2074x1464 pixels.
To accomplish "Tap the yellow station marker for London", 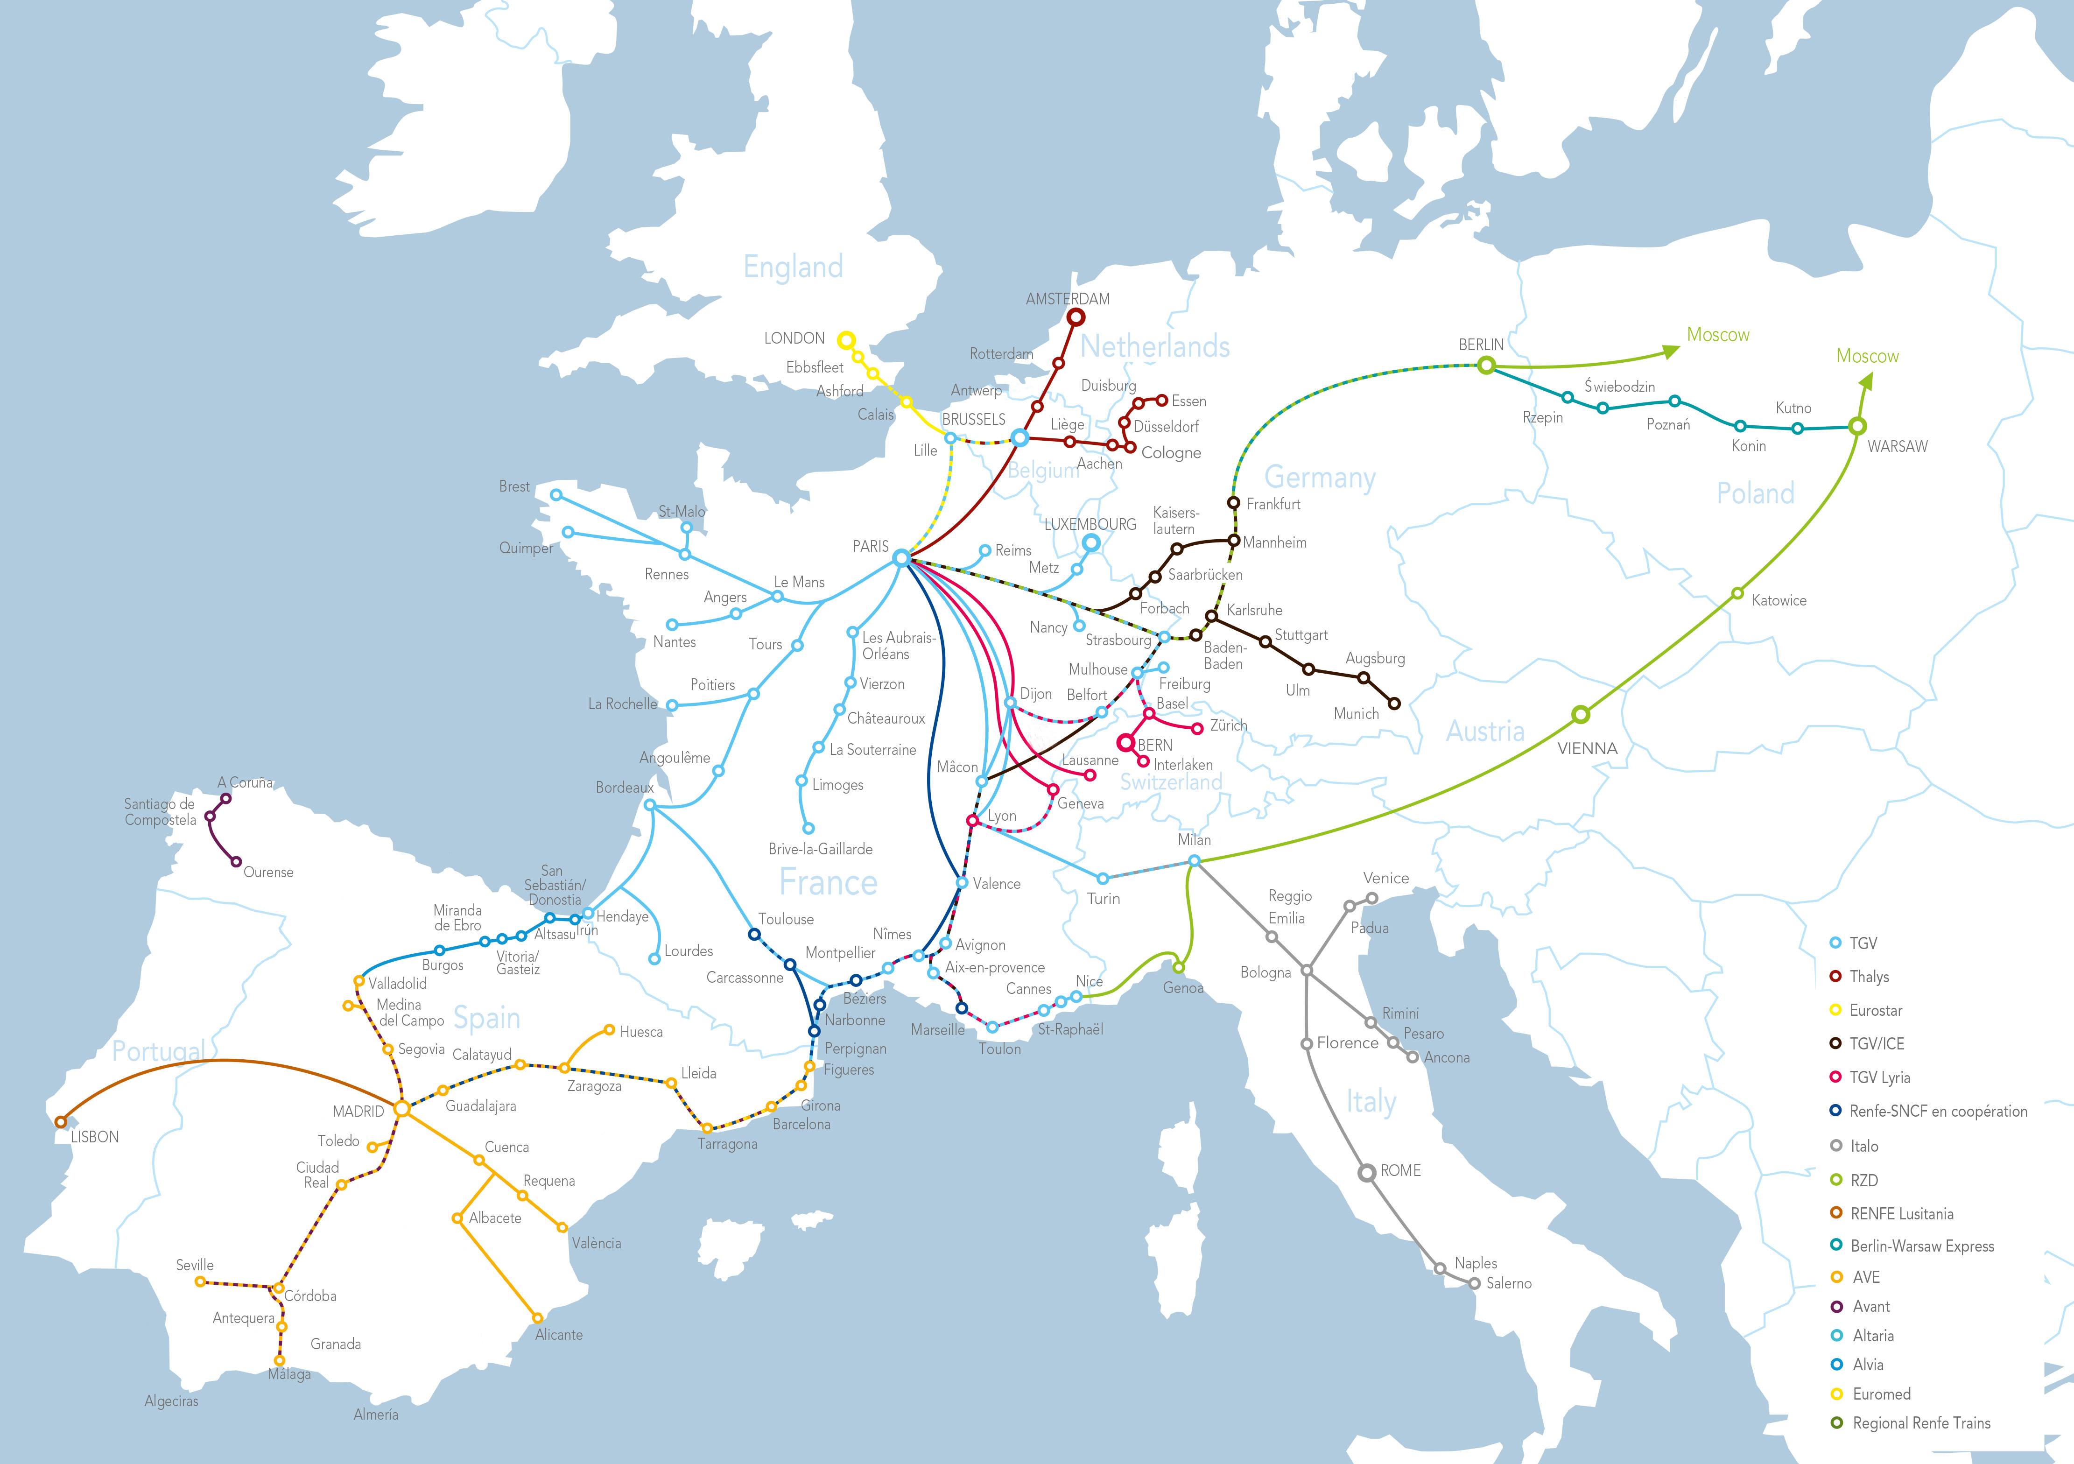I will (x=845, y=340).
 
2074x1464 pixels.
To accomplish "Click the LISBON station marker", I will (x=61, y=1122).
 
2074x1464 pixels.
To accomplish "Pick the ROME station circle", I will (x=1369, y=1172).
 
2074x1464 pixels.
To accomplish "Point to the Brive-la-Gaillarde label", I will (x=820, y=849).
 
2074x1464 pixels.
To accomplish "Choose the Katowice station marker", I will (x=1737, y=593).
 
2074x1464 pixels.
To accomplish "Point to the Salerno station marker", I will (x=1474, y=1282).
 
